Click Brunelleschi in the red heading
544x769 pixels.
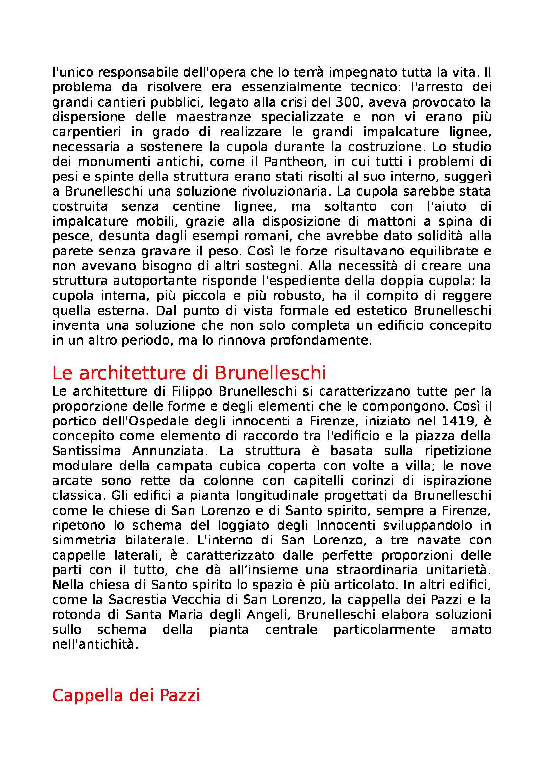(x=270, y=374)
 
